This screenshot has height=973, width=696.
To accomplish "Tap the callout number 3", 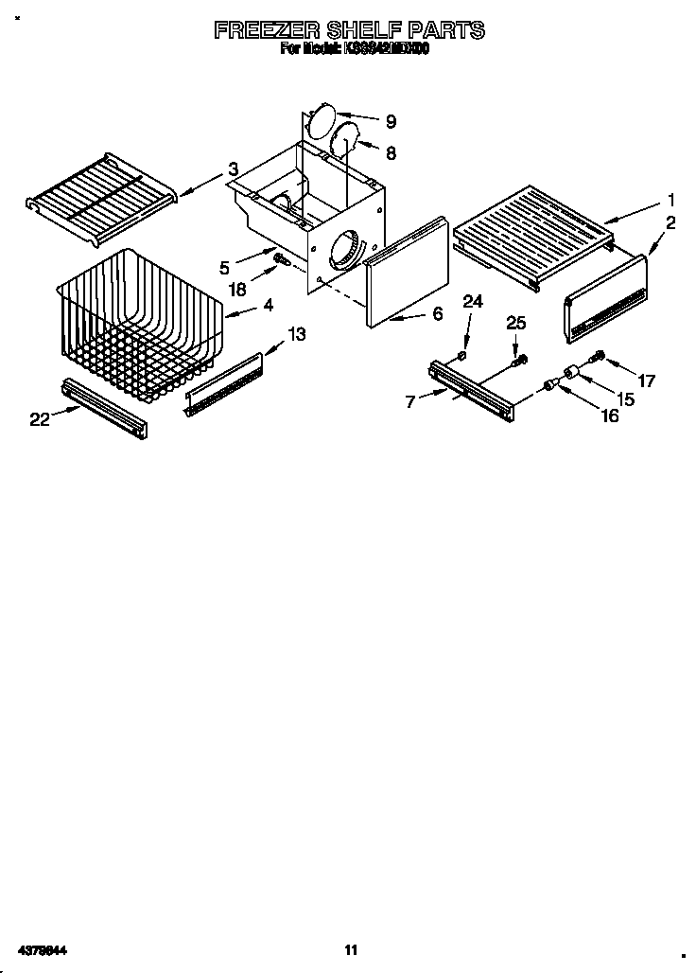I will click(x=233, y=169).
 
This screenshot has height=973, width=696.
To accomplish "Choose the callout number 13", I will click(x=297, y=333).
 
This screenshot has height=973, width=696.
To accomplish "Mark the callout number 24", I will click(x=472, y=302).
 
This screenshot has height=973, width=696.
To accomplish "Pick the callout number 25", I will click(x=515, y=324).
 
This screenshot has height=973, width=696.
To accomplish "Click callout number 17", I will click(x=647, y=382).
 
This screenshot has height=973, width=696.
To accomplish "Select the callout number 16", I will click(x=610, y=415).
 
